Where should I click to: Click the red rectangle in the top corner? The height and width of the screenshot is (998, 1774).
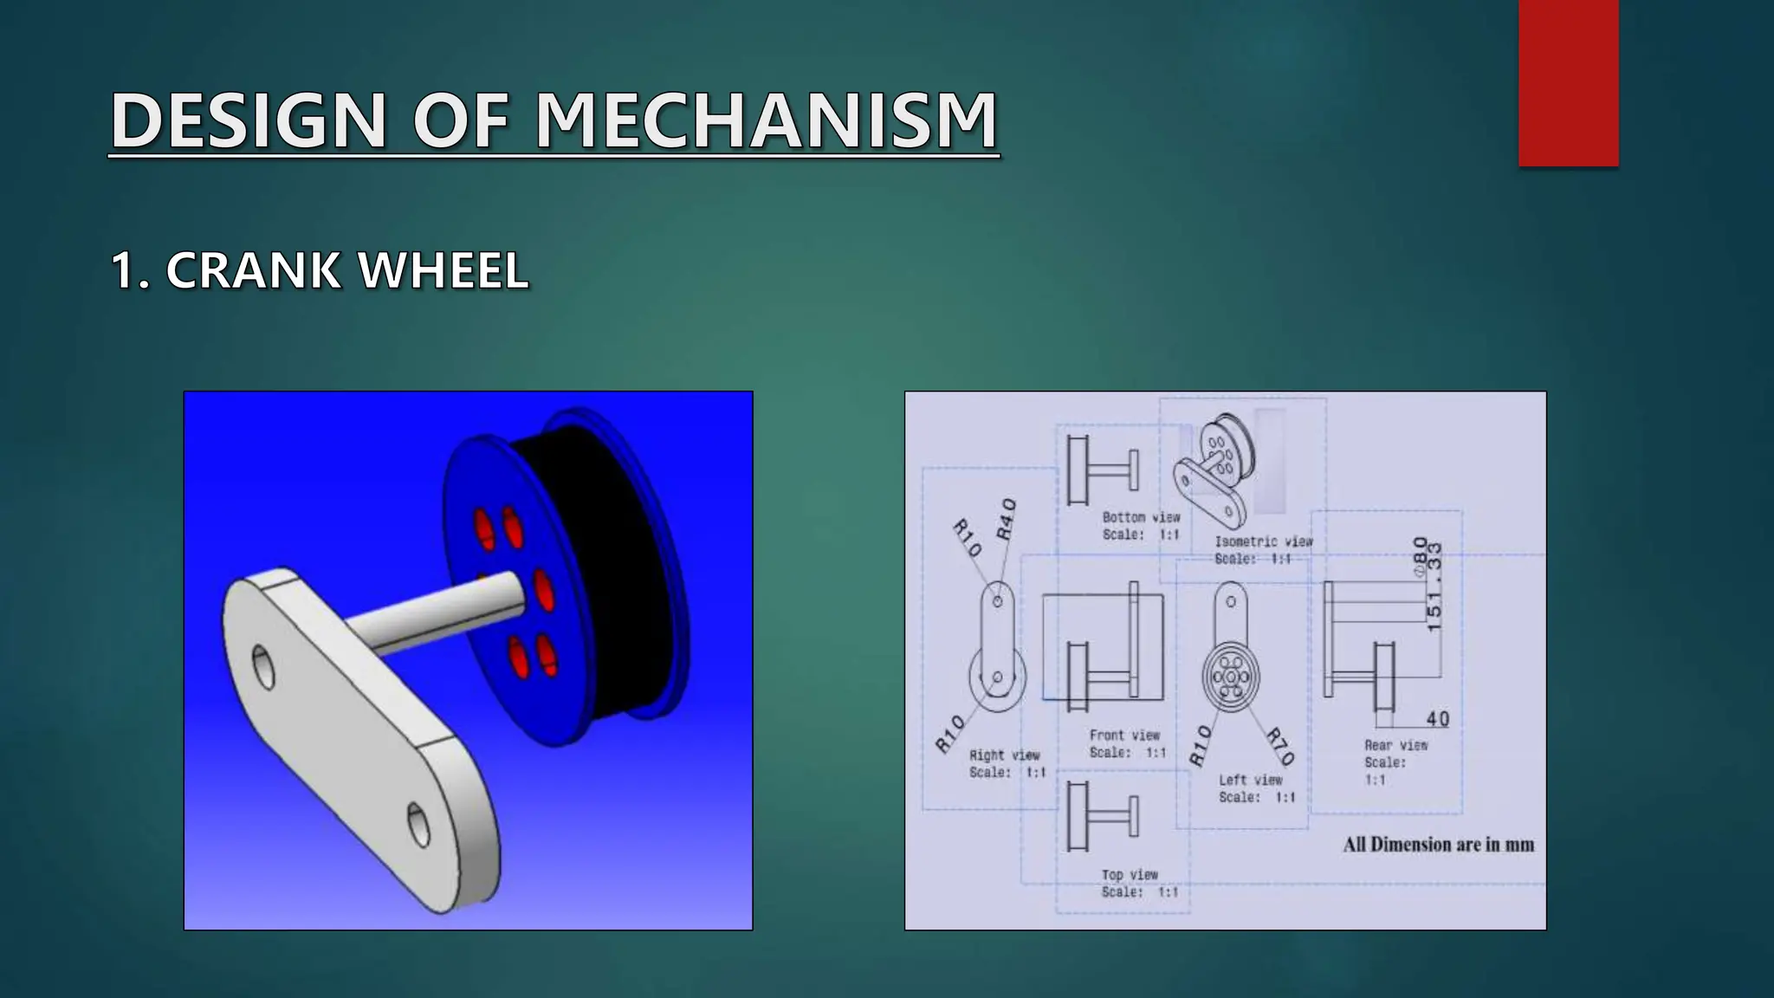pos(1568,82)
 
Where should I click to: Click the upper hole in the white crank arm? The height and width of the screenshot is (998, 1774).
pos(263,666)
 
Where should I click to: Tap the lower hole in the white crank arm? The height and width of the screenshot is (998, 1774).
pos(418,823)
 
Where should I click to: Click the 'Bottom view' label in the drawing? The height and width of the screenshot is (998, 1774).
pos(1141,517)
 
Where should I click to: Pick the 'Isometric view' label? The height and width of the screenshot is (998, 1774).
pos(1263,541)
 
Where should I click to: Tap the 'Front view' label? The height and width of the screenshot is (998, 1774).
pos(1124,736)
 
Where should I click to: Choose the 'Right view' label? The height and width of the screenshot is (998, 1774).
pos(1004,755)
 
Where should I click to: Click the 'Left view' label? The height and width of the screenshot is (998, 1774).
pos(1251,780)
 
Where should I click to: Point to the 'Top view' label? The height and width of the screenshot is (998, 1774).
pos(1130,875)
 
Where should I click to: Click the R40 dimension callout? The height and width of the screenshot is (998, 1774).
pos(1006,519)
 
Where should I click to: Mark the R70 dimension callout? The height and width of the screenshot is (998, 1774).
pos(1279,747)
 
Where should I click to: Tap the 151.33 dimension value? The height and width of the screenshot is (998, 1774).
pos(1434,586)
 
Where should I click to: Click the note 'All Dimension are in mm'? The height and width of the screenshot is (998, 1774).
pos(1438,845)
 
